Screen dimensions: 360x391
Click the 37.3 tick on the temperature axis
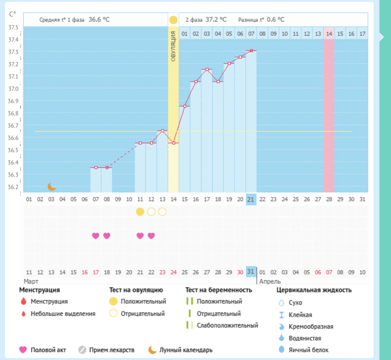pos(14,52)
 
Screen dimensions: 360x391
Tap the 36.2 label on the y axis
pos(14,187)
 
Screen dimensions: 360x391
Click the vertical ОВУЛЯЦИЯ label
pos(173,46)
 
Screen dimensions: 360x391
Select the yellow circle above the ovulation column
pos(173,20)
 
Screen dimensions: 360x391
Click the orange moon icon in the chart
pos(51,186)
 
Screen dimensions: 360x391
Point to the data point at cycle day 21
pos(251,51)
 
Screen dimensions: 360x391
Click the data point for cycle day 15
pos(184,106)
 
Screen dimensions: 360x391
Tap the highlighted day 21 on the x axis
pos(251,199)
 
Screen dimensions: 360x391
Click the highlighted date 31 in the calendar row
pos(251,272)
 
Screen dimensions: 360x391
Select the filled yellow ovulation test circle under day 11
pos(140,212)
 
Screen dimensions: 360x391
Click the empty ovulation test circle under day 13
pos(162,212)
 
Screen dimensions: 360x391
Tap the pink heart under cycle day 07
pos(95,236)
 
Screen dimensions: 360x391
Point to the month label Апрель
pos(270,281)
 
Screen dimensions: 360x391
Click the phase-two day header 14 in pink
pos(329,34)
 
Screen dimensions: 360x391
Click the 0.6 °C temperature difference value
pos(275,20)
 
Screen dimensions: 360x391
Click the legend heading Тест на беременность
pos(219,290)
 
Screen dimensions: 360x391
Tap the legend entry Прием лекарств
pos(112,350)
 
